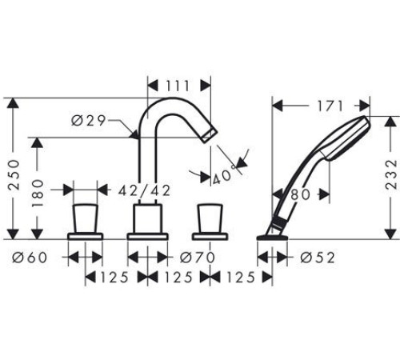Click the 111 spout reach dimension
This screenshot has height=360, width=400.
click(180, 84)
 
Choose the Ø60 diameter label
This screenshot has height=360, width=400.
click(30, 257)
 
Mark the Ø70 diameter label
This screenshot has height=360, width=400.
click(196, 257)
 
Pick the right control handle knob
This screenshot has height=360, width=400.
click(210, 217)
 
